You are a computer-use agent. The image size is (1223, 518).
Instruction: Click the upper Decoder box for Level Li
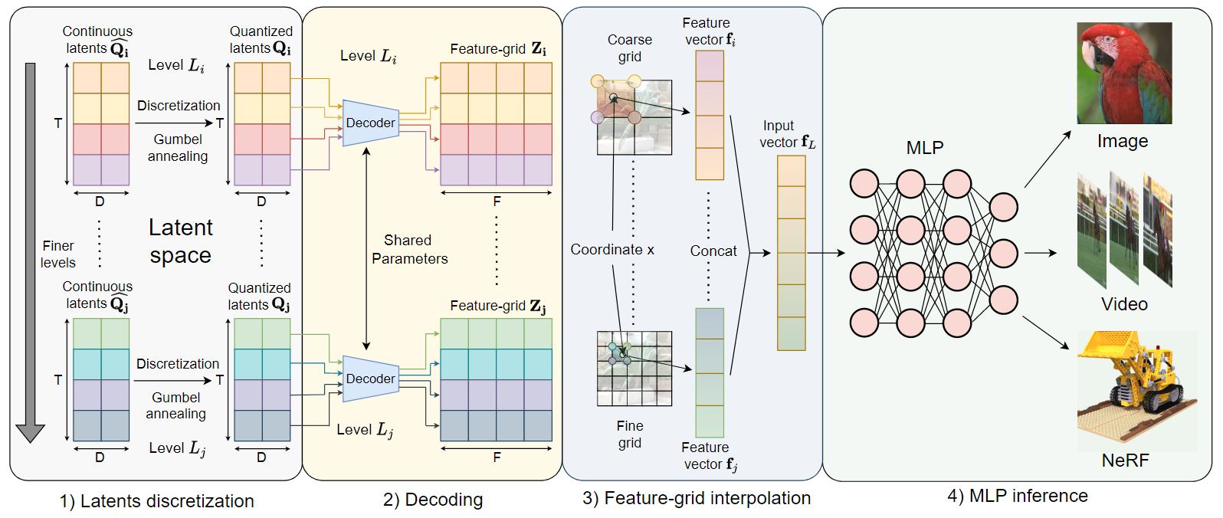coord(371,123)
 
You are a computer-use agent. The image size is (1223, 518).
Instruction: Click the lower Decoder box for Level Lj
coord(371,379)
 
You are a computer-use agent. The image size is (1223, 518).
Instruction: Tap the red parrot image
coord(1123,73)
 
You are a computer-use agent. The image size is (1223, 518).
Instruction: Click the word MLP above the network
coord(925,148)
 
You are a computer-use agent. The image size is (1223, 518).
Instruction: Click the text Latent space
coord(180,241)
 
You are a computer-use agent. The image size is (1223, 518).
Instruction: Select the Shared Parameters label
coord(409,250)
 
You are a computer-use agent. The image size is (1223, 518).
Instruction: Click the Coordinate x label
coord(612,250)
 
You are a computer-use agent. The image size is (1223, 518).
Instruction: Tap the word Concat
coord(713,251)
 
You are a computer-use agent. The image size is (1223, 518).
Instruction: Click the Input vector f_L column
coord(791,253)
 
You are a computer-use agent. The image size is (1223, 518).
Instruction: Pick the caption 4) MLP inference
coord(1017,496)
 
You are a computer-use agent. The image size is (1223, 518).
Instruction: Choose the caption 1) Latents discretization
coord(157,501)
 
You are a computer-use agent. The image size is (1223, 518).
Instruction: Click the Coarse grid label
coord(629,48)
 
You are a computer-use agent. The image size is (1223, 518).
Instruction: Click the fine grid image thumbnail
coord(634,369)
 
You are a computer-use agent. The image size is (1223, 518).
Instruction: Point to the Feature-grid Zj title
coord(497,306)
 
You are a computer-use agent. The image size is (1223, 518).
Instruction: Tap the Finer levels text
coord(58,254)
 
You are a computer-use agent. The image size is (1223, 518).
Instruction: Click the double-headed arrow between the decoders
coord(366,249)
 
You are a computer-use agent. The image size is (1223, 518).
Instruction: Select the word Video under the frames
coord(1123,304)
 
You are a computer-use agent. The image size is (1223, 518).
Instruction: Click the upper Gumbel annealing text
coord(178,148)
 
